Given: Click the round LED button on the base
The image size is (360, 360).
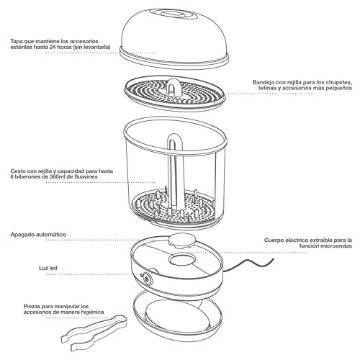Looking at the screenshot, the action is (146, 279).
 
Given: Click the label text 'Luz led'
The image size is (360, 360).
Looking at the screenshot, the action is (48, 268).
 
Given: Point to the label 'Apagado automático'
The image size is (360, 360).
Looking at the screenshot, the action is (38, 235).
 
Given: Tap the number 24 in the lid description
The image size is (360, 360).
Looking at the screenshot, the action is (53, 47).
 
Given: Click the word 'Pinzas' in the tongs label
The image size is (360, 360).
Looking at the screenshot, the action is (32, 307).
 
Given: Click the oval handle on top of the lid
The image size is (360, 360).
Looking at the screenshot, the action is (176, 14).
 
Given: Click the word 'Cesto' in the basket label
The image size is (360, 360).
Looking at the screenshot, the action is (17, 171).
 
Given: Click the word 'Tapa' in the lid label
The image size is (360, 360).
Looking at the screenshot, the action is (16, 41).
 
